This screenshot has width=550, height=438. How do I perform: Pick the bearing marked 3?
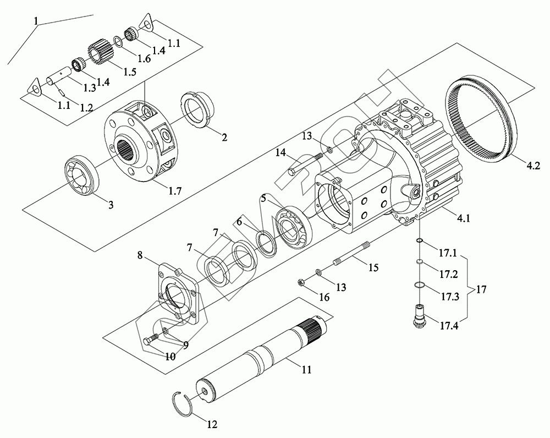click(x=80, y=174)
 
